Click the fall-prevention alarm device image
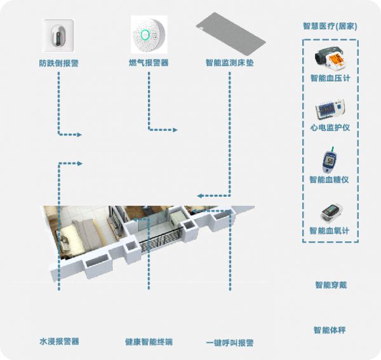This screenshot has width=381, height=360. pyautogui.click(x=58, y=35)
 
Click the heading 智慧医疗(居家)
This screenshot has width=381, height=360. pyautogui.click(x=330, y=26)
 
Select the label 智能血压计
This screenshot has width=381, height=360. pyautogui.click(x=330, y=78)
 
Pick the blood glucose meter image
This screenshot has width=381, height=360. pyautogui.click(x=330, y=161)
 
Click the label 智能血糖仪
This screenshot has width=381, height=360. pyautogui.click(x=330, y=180)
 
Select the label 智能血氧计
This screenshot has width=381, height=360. pyautogui.click(x=330, y=231)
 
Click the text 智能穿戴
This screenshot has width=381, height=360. pyautogui.click(x=330, y=285)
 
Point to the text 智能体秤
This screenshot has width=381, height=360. pyautogui.click(x=330, y=330)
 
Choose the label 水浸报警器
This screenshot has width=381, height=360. pyautogui.click(x=59, y=342)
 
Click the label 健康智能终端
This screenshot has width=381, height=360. pyautogui.click(x=149, y=342)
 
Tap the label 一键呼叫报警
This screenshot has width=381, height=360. pyautogui.click(x=229, y=342)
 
